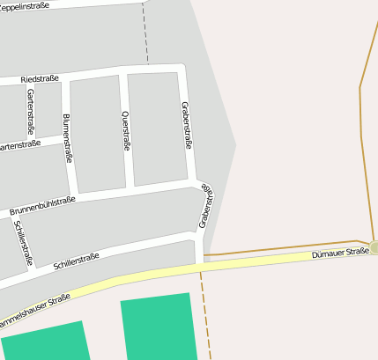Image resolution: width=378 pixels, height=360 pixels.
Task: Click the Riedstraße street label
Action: coord(40,79)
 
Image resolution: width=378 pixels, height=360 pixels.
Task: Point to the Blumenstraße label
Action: coord(67,137)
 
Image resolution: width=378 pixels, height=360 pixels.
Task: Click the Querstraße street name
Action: coord(125,131)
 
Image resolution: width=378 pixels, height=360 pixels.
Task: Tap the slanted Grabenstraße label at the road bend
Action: coord(206,206)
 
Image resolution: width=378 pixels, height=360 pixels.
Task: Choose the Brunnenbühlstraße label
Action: coord(42,208)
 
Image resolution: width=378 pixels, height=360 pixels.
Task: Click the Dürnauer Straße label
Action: coord(340,253)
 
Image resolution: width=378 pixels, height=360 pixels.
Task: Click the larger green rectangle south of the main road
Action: coord(157,327)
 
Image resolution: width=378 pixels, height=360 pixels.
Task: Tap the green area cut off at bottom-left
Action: coord(44,342)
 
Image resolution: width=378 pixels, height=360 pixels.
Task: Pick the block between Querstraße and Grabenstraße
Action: coord(157,129)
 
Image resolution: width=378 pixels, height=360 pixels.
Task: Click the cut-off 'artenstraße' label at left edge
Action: coord(18,145)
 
